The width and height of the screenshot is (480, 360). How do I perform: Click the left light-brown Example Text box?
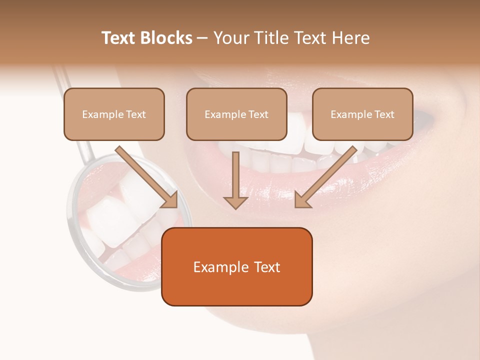pyautogui.click(x=114, y=114)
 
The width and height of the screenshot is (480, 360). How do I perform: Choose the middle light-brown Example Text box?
pyautogui.click(x=236, y=114)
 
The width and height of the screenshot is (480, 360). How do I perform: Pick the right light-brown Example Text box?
pyautogui.click(x=362, y=114)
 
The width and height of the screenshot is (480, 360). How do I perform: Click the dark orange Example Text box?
pyautogui.click(x=236, y=266)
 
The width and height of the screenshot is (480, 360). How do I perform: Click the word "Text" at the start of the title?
pyautogui.click(x=118, y=38)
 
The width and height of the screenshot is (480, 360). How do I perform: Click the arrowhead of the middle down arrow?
pyautogui.click(x=235, y=201)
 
